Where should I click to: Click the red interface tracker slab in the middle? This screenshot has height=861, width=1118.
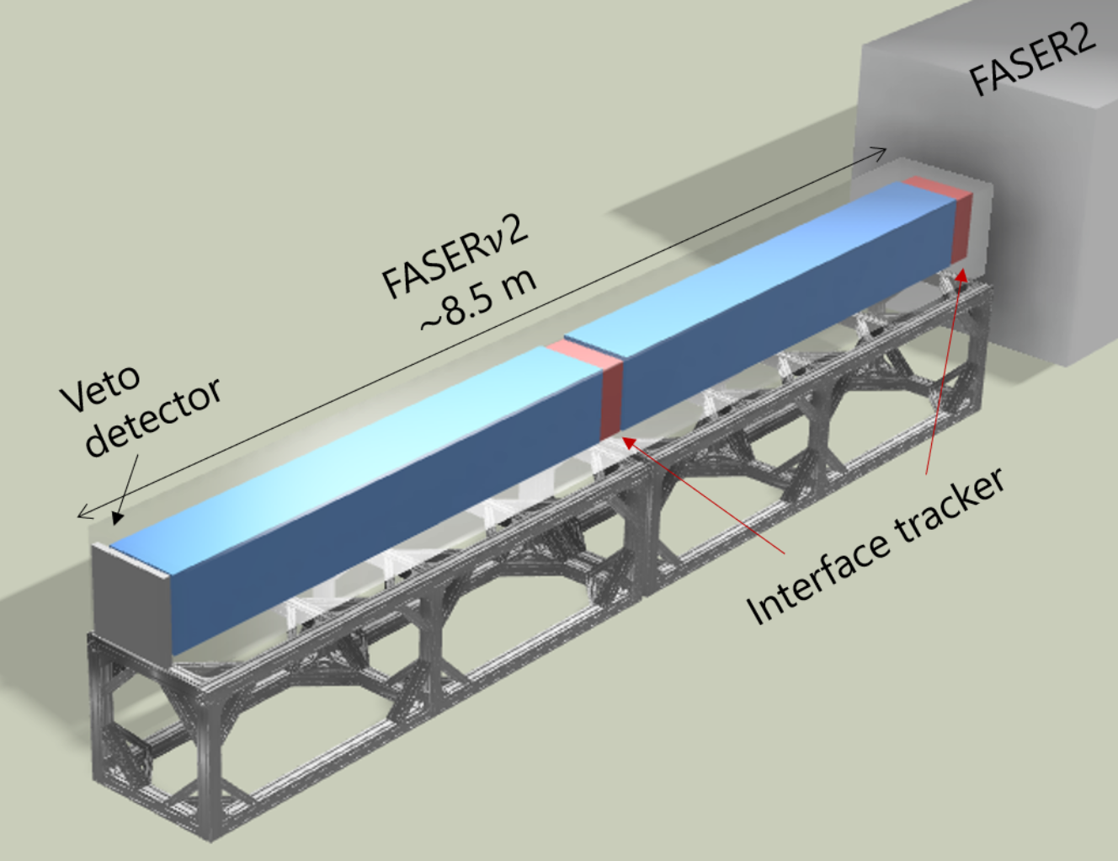pyautogui.click(x=612, y=398)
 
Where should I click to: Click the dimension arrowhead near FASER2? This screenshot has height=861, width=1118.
pyautogui.click(x=881, y=151)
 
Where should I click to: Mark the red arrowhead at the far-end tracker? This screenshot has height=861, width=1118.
pyautogui.click(x=961, y=273)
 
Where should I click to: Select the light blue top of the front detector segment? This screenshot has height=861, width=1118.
pyautogui.click(x=354, y=438)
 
